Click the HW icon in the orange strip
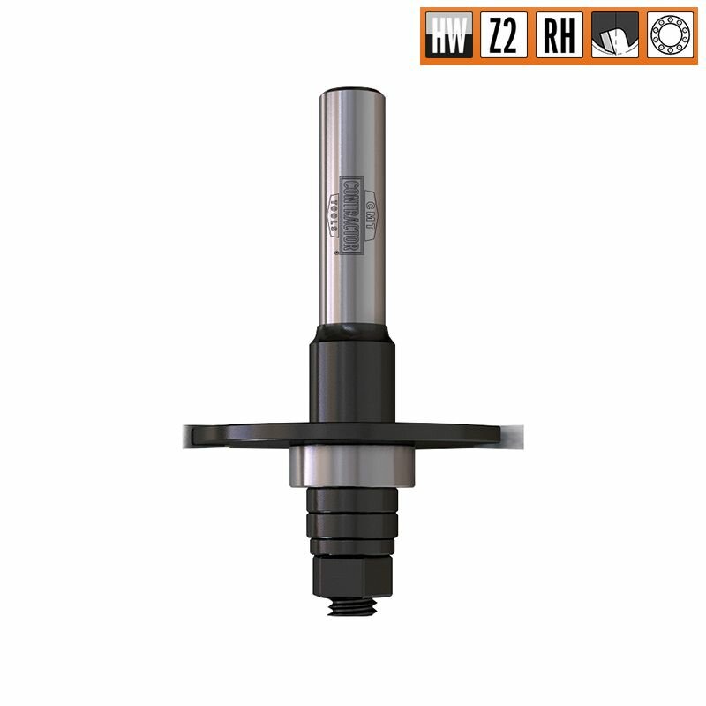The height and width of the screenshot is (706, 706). pyautogui.click(x=449, y=36)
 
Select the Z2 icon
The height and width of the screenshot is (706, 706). pyautogui.click(x=503, y=36)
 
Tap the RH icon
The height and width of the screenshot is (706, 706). pyautogui.click(x=559, y=36)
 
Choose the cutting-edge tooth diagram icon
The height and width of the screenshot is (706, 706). pyautogui.click(x=614, y=36)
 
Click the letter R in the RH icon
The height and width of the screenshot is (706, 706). pyautogui.click(x=549, y=36)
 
